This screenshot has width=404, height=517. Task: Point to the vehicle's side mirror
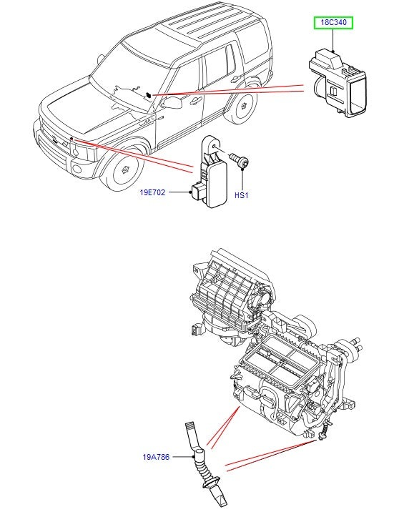pos(171,103)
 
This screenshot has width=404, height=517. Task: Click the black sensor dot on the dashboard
pos(147,94)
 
